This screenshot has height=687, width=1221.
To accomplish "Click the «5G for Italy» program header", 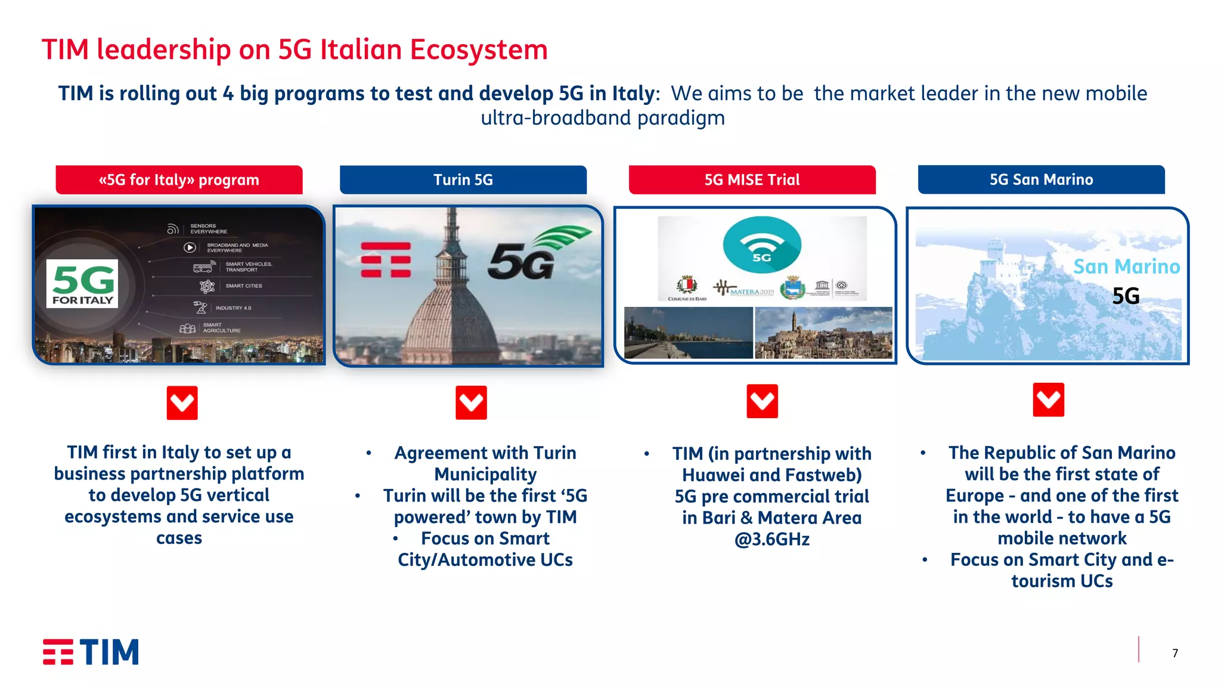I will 179,180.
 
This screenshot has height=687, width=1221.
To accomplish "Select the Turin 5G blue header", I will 463,180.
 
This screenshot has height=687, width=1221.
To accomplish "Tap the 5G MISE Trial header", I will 752,180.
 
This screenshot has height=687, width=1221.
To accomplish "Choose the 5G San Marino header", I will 1041,180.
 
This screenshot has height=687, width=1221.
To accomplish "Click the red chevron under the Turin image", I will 471,403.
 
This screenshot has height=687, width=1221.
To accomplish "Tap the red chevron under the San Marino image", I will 1048,400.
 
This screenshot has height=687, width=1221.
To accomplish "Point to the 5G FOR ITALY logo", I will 82,283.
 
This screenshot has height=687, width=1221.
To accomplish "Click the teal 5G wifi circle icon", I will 762,245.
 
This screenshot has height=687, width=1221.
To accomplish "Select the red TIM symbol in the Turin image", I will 386,259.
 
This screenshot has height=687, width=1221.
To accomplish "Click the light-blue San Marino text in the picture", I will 1126,267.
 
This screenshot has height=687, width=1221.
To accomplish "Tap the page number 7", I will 1174,653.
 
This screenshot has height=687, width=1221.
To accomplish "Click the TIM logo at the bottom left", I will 91,652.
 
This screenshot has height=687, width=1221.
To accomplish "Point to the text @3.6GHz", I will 771,539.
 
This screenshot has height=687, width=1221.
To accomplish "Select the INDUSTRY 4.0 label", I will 233,308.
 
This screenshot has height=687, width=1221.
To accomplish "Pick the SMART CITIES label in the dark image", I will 243,286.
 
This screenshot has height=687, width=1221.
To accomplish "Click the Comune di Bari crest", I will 687,285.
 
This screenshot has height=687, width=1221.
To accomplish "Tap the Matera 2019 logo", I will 744,289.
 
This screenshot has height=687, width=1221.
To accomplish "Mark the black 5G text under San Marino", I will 1126,296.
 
